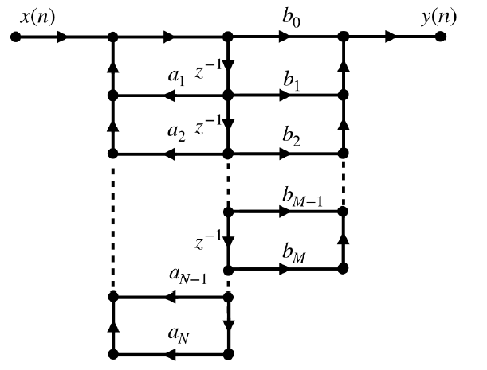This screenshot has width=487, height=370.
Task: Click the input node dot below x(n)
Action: point(14,37)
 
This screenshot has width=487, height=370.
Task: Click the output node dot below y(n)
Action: point(441,37)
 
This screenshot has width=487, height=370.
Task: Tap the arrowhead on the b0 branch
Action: point(285,37)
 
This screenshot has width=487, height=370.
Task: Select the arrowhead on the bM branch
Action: point(285,270)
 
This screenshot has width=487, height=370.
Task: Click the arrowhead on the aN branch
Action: point(170,353)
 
